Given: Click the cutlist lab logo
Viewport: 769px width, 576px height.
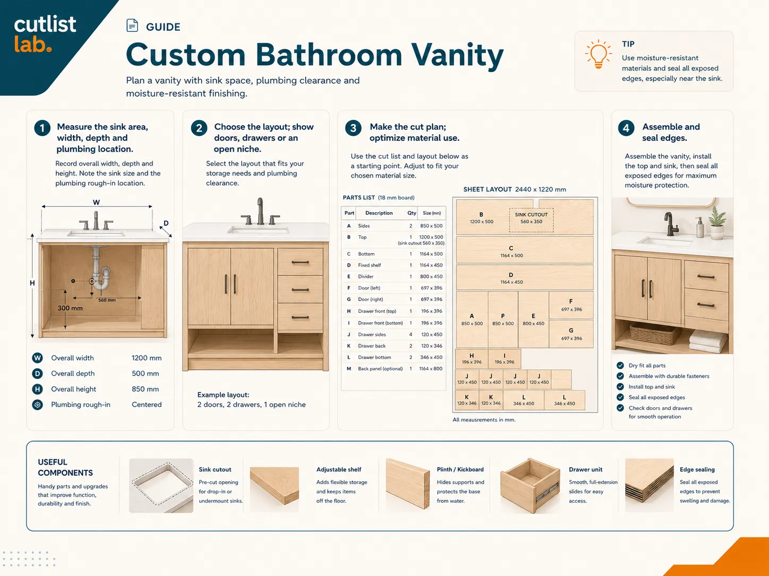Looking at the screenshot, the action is pyautogui.click(x=45, y=34).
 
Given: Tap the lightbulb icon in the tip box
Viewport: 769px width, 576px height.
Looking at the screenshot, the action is pyautogui.click(x=598, y=54).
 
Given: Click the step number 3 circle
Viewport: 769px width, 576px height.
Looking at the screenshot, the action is pyautogui.click(x=353, y=128).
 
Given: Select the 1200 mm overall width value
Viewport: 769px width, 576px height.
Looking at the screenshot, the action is pyautogui.click(x=147, y=358).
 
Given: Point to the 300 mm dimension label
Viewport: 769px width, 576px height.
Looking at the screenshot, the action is pyautogui.click(x=70, y=308).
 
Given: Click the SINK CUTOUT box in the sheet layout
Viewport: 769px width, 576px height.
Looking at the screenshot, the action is pyautogui.click(x=531, y=220).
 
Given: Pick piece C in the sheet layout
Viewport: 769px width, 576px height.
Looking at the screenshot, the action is pyautogui.click(x=525, y=250).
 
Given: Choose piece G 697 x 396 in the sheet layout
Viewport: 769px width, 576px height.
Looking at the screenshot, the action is pyautogui.click(x=571, y=334).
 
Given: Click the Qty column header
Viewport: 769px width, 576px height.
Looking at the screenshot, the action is pyautogui.click(x=412, y=213).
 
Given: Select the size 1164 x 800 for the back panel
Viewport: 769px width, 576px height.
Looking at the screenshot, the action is pyautogui.click(x=431, y=369).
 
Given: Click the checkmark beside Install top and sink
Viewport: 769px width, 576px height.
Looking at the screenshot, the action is pyautogui.click(x=620, y=387).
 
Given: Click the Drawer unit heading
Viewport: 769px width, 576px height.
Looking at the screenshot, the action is pyautogui.click(x=585, y=469).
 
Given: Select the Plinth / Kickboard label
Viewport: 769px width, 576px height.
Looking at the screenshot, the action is pyautogui.click(x=460, y=469).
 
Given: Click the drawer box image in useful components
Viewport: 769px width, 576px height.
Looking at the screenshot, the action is pyautogui.click(x=529, y=485).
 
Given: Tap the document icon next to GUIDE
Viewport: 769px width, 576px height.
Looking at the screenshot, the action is pyautogui.click(x=132, y=25).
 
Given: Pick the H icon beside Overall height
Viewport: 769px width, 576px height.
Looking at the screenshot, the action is pyautogui.click(x=37, y=389).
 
